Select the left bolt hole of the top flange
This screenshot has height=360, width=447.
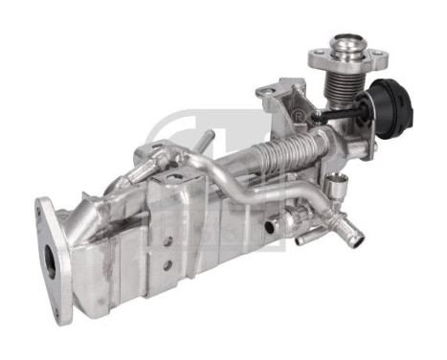316,56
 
